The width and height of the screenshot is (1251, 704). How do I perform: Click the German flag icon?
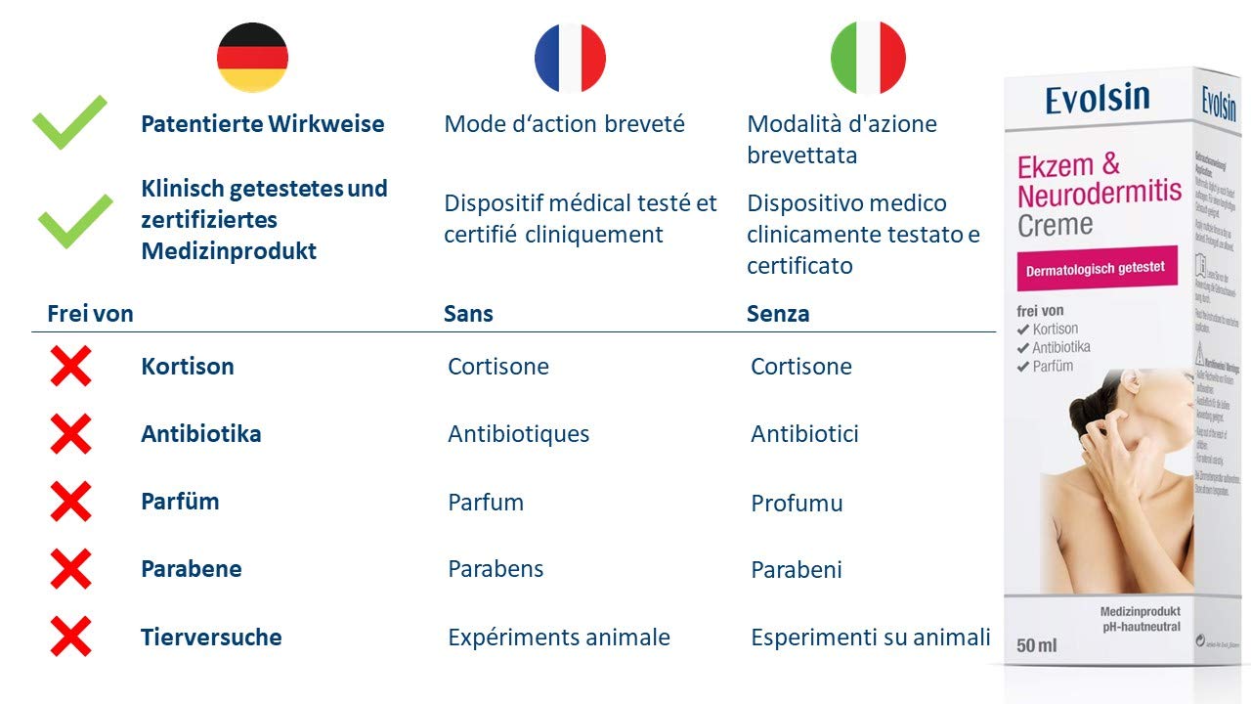[252, 58]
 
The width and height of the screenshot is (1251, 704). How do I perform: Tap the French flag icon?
[570, 58]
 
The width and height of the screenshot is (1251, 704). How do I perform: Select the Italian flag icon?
[868, 58]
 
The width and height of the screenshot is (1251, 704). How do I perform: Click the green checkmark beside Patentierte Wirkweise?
[69, 122]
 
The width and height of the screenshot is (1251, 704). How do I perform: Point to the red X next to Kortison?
[70, 367]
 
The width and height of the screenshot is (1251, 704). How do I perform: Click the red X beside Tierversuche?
[70, 637]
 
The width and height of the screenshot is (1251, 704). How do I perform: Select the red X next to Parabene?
[70, 569]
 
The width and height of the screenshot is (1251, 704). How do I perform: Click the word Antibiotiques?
[518, 434]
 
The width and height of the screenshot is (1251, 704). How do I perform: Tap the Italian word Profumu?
[797, 504]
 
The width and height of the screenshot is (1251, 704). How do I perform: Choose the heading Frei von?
[90, 314]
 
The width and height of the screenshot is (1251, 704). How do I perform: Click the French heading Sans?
[468, 314]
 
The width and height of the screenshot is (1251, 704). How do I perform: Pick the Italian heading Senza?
[778, 314]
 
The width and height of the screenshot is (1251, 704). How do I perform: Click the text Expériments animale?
[558, 638]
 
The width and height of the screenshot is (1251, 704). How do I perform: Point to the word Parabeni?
[796, 570]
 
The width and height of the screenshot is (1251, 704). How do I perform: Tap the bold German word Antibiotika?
[200, 434]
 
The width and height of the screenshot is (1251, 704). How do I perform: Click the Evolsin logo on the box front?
[1097, 99]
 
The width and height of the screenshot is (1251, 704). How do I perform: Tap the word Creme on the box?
[1055, 225]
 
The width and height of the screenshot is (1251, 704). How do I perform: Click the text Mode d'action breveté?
[564, 124]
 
